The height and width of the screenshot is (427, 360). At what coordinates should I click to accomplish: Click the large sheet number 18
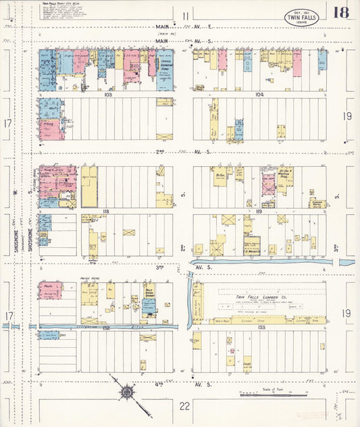tap(340, 13)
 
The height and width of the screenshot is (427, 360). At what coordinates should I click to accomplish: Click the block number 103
tap(107, 96)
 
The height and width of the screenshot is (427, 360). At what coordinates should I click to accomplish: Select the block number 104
tap(259, 96)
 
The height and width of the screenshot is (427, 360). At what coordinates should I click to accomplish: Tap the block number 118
tap(107, 211)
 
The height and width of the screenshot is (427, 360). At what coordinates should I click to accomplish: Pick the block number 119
tap(259, 211)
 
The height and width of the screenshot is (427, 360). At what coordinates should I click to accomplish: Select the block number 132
tap(107, 327)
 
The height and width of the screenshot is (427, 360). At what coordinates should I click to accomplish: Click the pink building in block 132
tap(51, 291)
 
